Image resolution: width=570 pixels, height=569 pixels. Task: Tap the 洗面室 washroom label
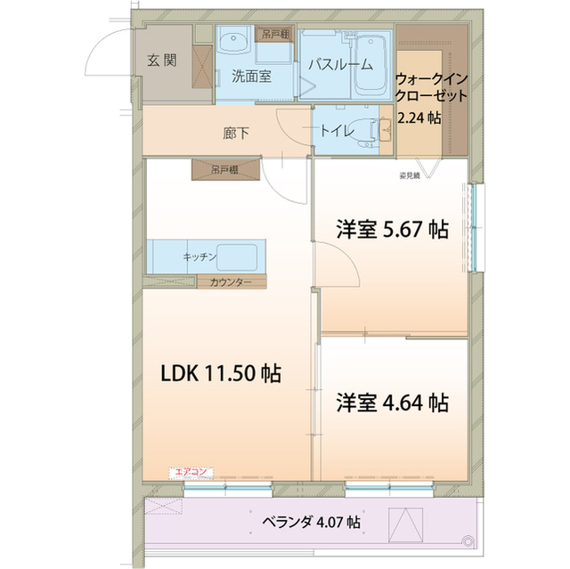click(x=251, y=76)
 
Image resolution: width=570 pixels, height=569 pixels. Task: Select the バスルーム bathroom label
click(x=339, y=64)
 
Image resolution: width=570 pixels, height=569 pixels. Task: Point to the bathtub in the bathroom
click(x=367, y=62)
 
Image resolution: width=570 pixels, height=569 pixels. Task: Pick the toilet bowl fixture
click(x=367, y=130)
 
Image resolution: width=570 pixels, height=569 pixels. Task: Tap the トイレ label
click(x=336, y=131)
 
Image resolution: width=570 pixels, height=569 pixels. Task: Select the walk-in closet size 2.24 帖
click(x=419, y=118)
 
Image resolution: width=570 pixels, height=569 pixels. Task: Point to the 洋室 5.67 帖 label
click(x=391, y=229)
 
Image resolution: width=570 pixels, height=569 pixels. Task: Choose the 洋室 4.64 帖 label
click(x=391, y=402)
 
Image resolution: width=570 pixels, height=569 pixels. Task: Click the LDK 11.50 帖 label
click(x=220, y=374)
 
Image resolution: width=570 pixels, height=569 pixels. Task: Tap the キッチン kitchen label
click(x=199, y=256)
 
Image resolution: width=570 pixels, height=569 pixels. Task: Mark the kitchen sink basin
click(x=239, y=256)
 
